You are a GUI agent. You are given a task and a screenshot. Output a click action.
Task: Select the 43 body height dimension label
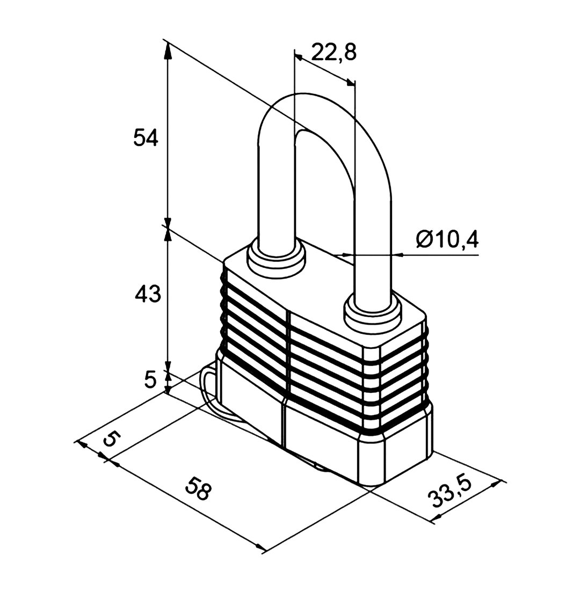[148, 294]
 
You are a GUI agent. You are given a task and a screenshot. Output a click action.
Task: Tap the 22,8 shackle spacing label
[334, 53]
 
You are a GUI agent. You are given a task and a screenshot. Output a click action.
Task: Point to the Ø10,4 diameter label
[447, 239]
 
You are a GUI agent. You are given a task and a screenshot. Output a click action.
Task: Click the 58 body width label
[197, 488]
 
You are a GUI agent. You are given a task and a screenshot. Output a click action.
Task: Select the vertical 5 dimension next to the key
[150, 379]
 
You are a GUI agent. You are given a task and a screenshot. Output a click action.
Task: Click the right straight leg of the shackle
[373, 242]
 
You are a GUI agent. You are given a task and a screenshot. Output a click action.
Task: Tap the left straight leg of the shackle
[276, 189]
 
